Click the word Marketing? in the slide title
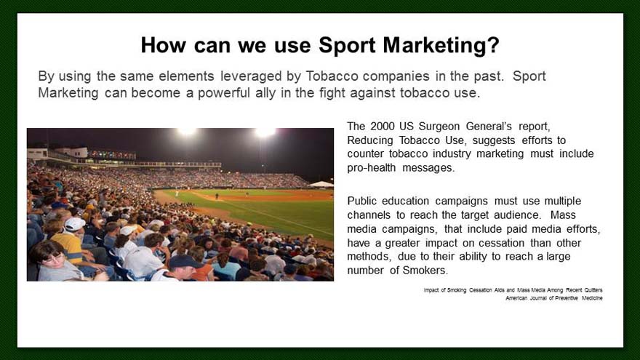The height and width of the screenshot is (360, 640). pyautogui.click(x=441, y=45)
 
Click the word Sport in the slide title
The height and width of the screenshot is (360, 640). pyautogui.click(x=347, y=46)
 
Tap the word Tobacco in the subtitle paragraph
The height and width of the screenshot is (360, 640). pyautogui.click(x=331, y=76)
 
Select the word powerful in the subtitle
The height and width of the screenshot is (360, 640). pyautogui.click(x=224, y=92)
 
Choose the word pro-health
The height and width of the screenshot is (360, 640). pyautogui.click(x=372, y=168)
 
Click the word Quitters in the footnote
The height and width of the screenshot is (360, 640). pyautogui.click(x=593, y=290)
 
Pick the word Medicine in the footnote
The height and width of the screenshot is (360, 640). pyautogui.click(x=592, y=298)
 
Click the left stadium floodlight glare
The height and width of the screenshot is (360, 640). pyautogui.click(x=186, y=132)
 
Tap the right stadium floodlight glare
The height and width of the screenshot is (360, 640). pyautogui.click(x=265, y=132)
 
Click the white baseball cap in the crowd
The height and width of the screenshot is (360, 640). pyautogui.click(x=75, y=224)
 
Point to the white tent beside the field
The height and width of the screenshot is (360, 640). pyautogui.click(x=322, y=185)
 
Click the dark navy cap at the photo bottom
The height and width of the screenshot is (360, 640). pyautogui.click(x=185, y=262)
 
